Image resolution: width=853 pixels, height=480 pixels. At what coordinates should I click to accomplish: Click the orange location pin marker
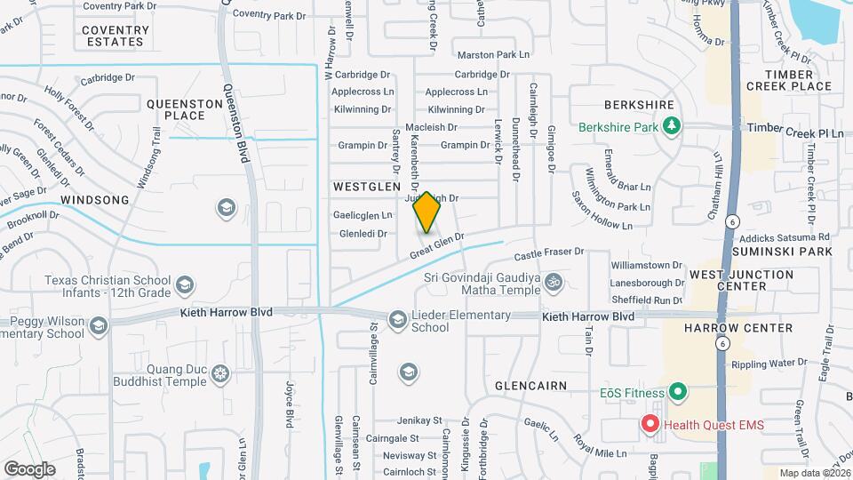point(426,212)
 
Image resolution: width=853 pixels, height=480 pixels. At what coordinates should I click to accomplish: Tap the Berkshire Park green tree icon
point(673,127)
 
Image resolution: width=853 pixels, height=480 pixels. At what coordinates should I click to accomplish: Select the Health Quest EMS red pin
point(650,425)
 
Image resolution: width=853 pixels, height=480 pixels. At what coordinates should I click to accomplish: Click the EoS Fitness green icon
point(678,392)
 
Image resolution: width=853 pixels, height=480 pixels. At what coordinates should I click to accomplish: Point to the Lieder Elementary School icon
point(397,319)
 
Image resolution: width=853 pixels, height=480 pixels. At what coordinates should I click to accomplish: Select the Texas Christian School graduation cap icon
point(185,285)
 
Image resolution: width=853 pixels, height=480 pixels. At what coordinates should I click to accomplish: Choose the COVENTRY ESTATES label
point(114,36)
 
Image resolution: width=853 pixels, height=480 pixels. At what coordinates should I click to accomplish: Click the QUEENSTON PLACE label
point(185,109)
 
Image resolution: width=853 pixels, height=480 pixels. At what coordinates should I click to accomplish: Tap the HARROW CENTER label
point(738,328)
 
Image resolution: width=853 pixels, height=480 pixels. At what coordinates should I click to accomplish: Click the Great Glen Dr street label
point(437,246)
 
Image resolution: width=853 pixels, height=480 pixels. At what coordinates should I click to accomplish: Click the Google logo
point(29,468)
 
